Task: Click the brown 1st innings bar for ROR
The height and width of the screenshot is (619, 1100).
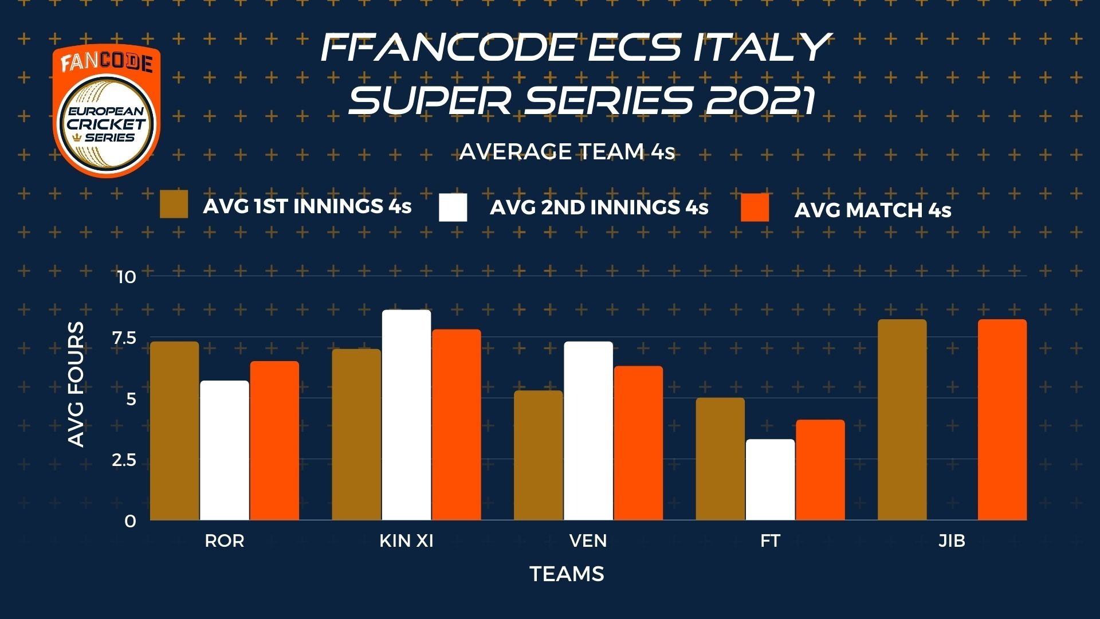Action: pos(174,431)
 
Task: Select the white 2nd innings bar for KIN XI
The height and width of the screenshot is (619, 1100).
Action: pos(406,415)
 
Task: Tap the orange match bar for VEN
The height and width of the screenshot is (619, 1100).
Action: pos(638,443)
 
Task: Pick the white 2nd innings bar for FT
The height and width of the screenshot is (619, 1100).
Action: pos(770,480)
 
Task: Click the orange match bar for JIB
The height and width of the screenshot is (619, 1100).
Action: pos(1002,420)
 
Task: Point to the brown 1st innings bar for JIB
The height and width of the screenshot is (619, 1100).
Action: pos(902,420)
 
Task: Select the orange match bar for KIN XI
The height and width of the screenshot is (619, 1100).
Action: pos(457,425)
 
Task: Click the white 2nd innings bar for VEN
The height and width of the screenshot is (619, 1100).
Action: pos(588,431)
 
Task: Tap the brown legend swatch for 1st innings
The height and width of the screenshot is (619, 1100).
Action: pos(174,205)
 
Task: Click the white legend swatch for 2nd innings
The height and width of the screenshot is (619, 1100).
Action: pos(453,207)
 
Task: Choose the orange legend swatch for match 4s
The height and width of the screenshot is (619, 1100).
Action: pos(755,207)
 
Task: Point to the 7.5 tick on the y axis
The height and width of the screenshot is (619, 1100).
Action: pos(124,338)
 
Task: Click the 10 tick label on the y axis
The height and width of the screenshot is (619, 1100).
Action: pos(126,277)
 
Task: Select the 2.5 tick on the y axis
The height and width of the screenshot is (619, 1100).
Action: pos(124,460)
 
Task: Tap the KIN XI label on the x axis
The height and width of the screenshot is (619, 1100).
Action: pos(406,540)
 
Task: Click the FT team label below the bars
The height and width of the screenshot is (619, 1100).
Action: pos(770,540)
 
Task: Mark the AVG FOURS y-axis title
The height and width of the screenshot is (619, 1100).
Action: pos(76,384)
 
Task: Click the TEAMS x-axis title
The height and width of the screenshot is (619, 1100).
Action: pos(567,574)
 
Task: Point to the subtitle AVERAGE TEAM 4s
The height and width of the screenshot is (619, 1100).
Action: pos(567,151)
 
